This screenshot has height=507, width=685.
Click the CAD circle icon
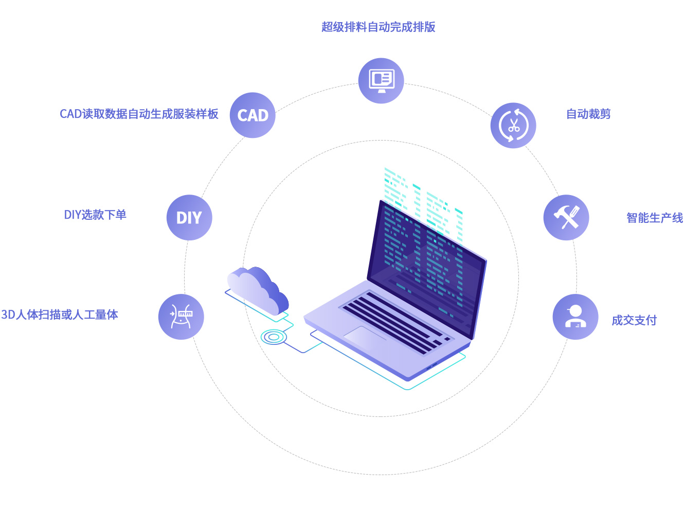[x=253, y=115]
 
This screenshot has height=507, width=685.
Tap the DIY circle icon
[x=189, y=217]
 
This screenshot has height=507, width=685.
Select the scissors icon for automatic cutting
[x=513, y=125]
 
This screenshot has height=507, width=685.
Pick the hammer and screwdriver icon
[x=566, y=217]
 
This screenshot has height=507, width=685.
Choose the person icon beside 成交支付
[x=575, y=316]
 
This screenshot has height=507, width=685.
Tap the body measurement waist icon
[x=182, y=316]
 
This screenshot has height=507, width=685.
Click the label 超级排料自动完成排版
[x=378, y=27]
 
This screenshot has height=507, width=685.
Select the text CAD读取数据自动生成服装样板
[x=139, y=114]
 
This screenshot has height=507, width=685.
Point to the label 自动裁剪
[x=588, y=114]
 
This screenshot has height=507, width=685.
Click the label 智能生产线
[x=655, y=218]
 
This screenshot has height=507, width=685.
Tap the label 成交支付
[x=634, y=320]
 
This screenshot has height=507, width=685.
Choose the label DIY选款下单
[x=95, y=215]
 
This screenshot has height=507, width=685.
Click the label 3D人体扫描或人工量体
[x=60, y=314]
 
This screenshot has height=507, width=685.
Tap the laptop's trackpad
[x=365, y=338]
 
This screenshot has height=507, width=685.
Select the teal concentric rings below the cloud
[x=274, y=337]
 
